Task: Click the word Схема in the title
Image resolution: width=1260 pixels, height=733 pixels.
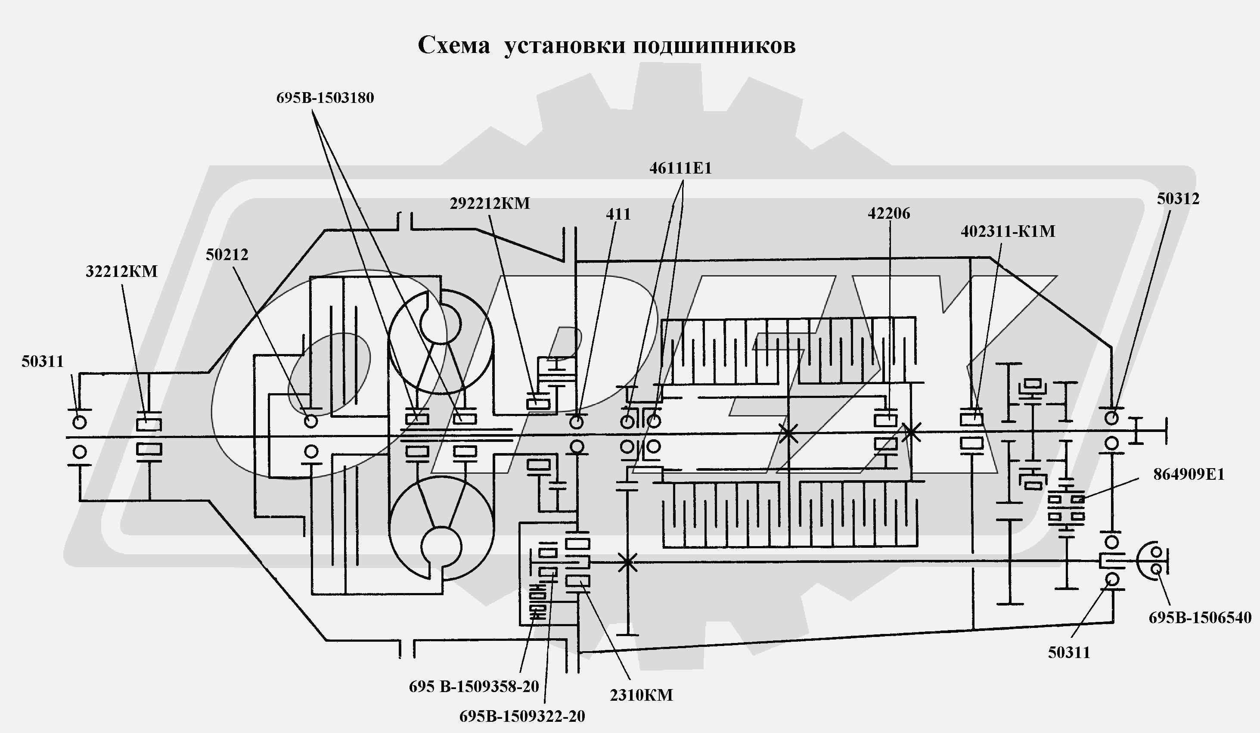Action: point(453,46)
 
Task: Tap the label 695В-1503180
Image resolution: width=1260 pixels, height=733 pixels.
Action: point(325,98)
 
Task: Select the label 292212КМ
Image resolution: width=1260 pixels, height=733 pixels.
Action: point(490,204)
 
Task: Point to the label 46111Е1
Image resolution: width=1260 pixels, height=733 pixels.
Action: point(680,168)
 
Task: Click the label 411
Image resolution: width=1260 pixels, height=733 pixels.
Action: point(618,214)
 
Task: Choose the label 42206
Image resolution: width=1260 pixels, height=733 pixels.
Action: point(888,214)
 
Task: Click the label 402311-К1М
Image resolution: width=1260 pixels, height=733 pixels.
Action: point(1008,232)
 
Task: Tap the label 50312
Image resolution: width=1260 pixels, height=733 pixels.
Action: point(1178,199)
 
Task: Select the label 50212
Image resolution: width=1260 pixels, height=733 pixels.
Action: point(227,255)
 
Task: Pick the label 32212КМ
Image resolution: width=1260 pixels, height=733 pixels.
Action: point(121,271)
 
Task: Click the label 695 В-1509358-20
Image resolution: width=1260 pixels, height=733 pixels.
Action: point(474,687)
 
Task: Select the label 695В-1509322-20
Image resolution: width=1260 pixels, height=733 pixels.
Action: point(522,717)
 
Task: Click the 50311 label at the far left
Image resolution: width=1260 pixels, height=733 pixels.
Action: point(43,361)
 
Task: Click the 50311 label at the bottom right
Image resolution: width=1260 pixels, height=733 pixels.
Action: point(1069,653)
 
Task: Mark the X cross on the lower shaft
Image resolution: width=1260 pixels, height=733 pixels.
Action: point(627,562)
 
